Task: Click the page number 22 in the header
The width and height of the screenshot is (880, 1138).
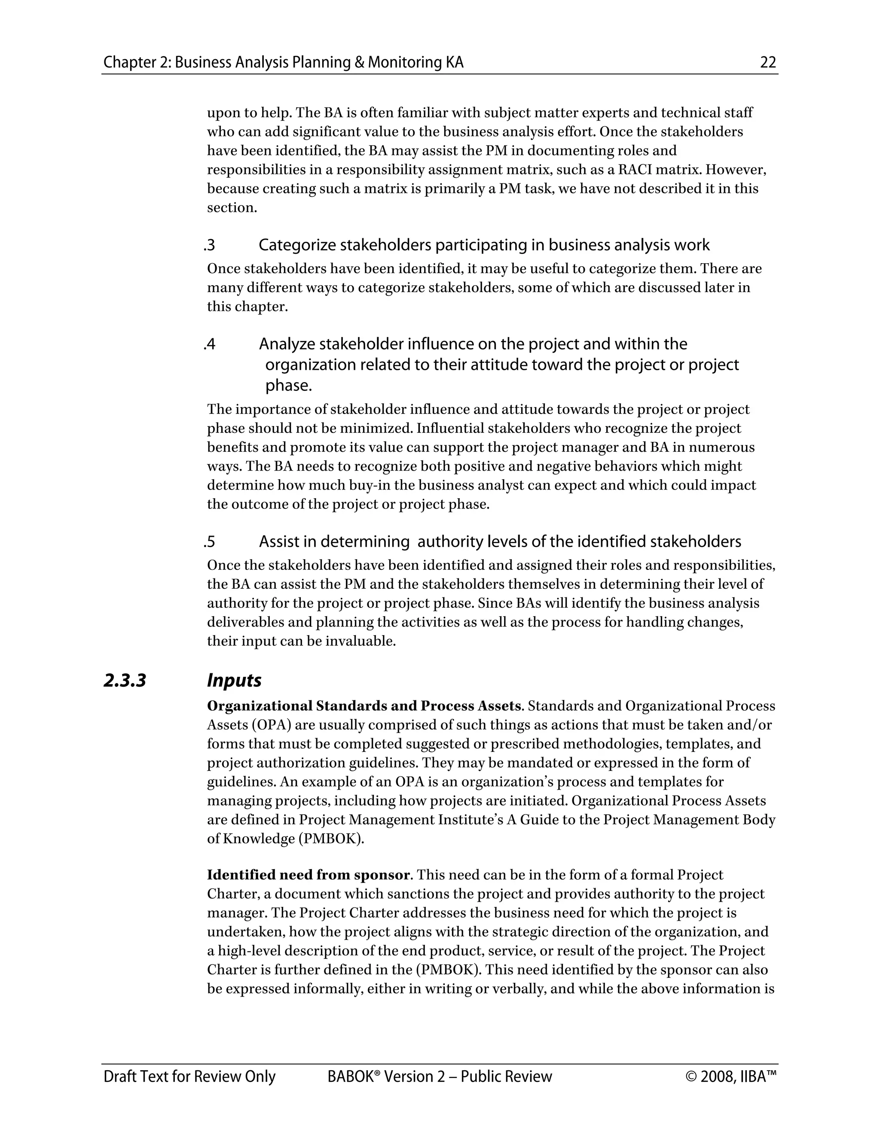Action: click(x=768, y=63)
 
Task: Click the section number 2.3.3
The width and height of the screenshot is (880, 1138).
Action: click(x=125, y=681)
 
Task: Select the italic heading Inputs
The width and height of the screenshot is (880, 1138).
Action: click(x=234, y=681)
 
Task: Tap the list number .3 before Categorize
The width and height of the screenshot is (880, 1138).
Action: click(x=210, y=245)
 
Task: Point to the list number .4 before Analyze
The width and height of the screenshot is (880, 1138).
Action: click(x=210, y=344)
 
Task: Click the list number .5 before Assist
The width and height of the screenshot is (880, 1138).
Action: click(x=210, y=542)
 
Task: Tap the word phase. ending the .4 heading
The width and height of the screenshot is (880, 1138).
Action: click(x=288, y=386)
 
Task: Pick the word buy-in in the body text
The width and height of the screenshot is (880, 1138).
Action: click(x=367, y=485)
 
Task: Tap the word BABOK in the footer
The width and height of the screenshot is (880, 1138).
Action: click(x=350, y=1077)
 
